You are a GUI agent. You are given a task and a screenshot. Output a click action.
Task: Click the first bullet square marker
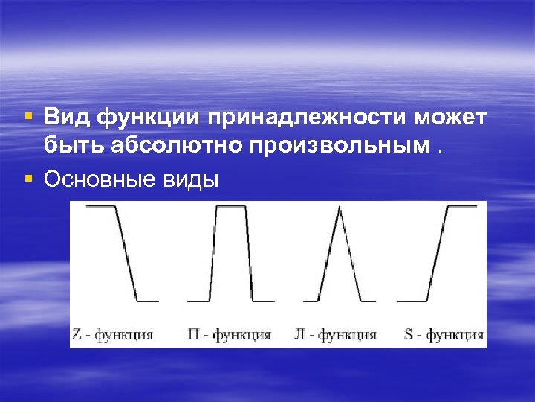point(28,117)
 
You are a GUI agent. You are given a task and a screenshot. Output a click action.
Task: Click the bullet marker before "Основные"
point(28,178)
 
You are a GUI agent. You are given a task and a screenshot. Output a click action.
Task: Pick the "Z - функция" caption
point(114,334)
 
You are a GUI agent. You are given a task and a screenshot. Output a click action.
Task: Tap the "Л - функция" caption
point(337,334)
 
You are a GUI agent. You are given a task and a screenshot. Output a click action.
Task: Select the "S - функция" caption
point(444,334)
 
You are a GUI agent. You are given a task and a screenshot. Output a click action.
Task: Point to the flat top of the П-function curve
point(231,206)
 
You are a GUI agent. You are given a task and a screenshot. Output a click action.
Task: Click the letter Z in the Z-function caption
point(77,334)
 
